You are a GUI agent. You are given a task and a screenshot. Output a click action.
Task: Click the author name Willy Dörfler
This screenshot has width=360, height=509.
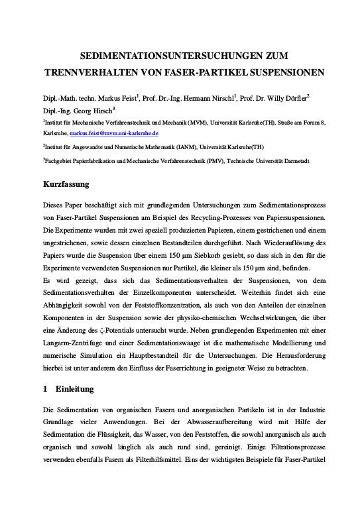(x=284, y=98)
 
